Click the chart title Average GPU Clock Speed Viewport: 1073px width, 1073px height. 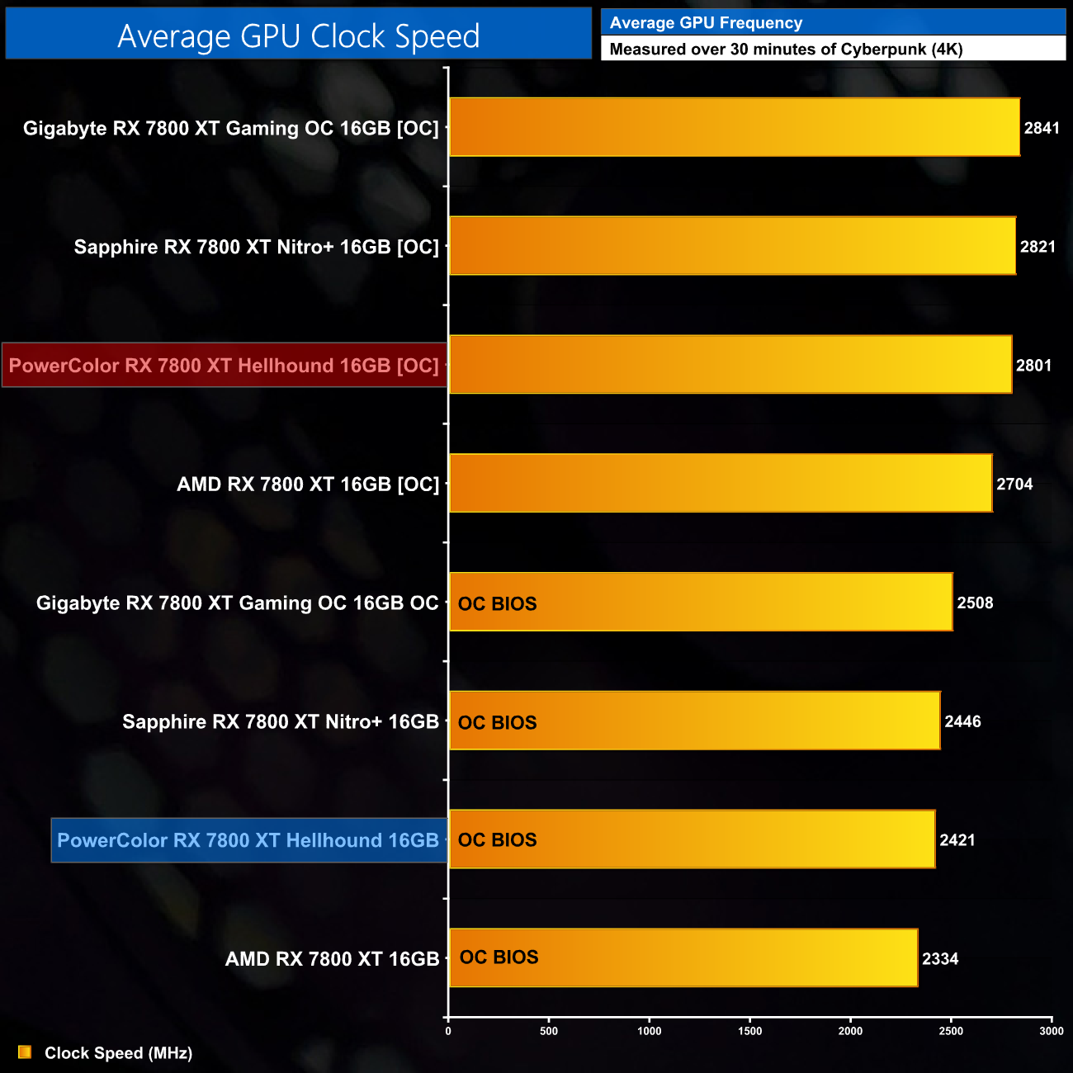click(x=298, y=35)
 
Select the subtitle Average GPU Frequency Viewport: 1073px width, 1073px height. click(x=706, y=23)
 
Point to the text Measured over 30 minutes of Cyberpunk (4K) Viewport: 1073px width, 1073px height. click(x=786, y=49)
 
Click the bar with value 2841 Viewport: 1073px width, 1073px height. click(x=734, y=127)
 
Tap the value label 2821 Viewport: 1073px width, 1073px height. click(x=1038, y=247)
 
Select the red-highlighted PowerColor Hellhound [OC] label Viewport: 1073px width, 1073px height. click(x=224, y=366)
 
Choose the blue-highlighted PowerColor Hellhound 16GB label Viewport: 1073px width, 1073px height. click(x=248, y=840)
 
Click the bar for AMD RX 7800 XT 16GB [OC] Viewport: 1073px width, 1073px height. click(x=720, y=484)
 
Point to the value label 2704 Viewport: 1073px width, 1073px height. click(x=1014, y=485)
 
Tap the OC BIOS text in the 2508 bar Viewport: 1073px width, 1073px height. click(x=497, y=604)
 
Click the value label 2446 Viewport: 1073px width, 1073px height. click(x=962, y=722)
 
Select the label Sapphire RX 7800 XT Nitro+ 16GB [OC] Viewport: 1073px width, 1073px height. click(x=256, y=247)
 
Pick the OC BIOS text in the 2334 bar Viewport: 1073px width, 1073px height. click(x=499, y=957)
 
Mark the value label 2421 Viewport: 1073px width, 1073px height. click(x=957, y=840)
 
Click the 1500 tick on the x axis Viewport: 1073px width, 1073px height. click(x=749, y=1031)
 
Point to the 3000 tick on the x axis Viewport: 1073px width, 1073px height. click(x=1052, y=1031)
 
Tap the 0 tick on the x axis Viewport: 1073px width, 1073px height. click(x=448, y=1031)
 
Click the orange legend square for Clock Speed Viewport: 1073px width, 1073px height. click(x=25, y=1052)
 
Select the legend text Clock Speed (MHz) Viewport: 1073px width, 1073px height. click(x=118, y=1053)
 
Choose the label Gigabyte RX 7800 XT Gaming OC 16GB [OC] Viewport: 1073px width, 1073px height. click(x=231, y=128)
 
